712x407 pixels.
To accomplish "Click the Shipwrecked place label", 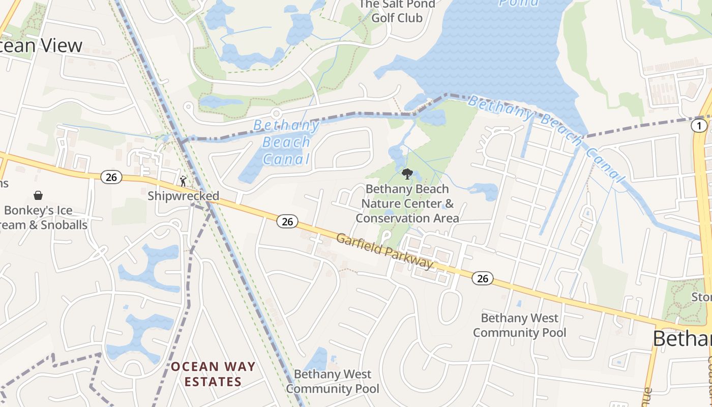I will coord(183,196).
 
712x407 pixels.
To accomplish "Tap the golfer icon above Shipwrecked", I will coord(183,180).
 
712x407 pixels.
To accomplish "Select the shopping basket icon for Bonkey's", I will coord(38,195).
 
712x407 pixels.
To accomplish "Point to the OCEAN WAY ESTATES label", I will coord(213,374).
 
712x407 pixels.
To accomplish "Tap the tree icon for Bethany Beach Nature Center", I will coord(407,175).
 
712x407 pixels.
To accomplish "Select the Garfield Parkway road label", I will coord(384,252).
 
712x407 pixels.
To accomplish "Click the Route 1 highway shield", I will coord(699,126).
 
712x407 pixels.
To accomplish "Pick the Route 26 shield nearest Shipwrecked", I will coord(111,177).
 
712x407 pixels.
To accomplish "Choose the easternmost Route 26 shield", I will coord(482,278).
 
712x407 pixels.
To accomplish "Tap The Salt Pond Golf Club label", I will coord(397,11).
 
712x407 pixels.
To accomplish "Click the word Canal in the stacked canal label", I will coord(286,159).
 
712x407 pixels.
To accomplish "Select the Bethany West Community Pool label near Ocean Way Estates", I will coord(333,382).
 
